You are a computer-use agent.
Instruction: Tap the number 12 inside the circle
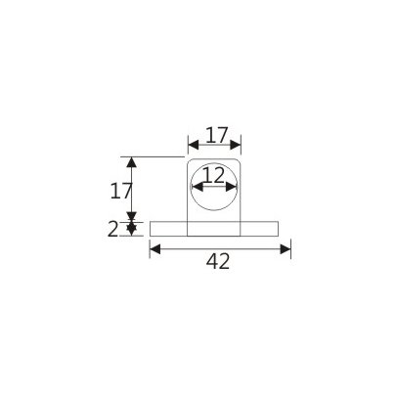pyautogui.click(x=214, y=177)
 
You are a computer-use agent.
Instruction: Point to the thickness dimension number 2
pyautogui.click(x=112, y=230)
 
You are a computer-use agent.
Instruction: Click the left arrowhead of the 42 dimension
pyautogui.click(x=154, y=249)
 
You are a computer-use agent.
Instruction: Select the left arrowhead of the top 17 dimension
pyautogui.click(x=192, y=144)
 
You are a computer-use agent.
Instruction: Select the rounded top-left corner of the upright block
pyautogui.click(x=190, y=159)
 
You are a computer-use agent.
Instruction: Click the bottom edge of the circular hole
pyautogui.click(x=214, y=213)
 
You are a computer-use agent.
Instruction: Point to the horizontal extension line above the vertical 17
pyautogui.click(x=156, y=156)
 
